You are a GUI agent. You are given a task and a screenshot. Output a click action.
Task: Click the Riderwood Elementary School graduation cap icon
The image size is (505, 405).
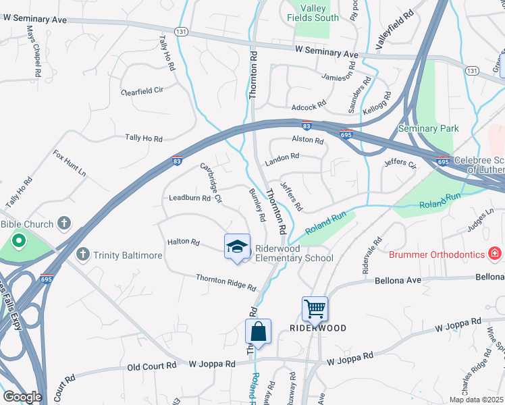[x=237, y=247]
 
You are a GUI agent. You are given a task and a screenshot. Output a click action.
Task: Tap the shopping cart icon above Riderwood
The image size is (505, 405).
[x=315, y=309]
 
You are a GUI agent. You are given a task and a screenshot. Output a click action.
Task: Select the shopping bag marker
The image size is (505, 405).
[x=258, y=332]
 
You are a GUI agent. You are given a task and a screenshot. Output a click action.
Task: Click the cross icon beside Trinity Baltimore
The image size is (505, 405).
[x=83, y=254]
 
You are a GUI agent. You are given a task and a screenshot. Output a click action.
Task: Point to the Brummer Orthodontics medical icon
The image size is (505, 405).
[x=495, y=254]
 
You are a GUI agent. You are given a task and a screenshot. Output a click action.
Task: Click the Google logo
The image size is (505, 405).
[x=22, y=397]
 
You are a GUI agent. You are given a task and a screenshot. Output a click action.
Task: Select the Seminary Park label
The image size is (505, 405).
[x=428, y=128]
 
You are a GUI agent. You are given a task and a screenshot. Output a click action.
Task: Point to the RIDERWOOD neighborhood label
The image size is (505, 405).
[x=318, y=328]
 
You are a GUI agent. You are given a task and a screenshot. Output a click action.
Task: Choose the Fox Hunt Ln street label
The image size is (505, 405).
[x=70, y=163]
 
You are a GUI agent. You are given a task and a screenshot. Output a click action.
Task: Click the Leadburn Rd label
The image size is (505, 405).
[x=190, y=198]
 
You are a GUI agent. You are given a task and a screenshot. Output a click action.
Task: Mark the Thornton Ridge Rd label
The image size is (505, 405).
[x=226, y=282]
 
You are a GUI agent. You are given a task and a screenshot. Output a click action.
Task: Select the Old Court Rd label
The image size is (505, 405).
[x=152, y=365]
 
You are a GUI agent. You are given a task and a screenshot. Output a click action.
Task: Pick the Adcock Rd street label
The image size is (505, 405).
[x=309, y=107]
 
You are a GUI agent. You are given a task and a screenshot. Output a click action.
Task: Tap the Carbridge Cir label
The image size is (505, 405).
[x=211, y=182]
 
